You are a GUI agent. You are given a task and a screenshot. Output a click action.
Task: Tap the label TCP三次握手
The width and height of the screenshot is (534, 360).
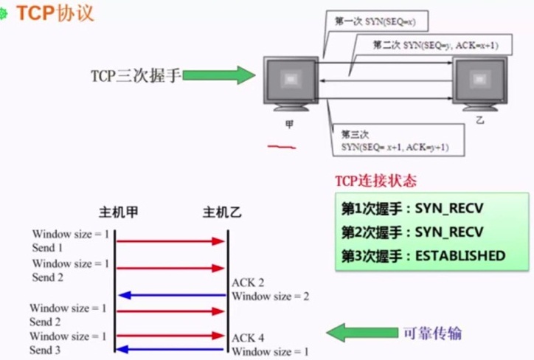(135, 75)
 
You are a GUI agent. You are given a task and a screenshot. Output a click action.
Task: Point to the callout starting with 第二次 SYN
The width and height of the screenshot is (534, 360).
(433, 46)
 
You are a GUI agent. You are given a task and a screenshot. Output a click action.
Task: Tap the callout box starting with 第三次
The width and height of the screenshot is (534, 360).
(395, 141)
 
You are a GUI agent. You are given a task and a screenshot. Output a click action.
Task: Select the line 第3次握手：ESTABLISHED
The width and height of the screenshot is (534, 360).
(423, 256)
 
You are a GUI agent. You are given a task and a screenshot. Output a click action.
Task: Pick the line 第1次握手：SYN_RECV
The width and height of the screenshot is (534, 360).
(412, 209)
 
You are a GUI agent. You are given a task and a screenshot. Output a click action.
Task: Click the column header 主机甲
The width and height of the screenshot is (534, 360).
(118, 213)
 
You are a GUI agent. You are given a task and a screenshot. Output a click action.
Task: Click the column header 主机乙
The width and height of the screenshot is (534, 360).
(221, 213)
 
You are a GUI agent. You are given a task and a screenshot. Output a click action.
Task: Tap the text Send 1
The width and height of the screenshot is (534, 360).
(47, 248)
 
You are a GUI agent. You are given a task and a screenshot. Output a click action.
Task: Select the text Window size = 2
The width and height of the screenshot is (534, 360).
(270, 297)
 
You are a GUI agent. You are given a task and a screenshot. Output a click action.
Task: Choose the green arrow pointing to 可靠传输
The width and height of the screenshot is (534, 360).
(361, 333)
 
